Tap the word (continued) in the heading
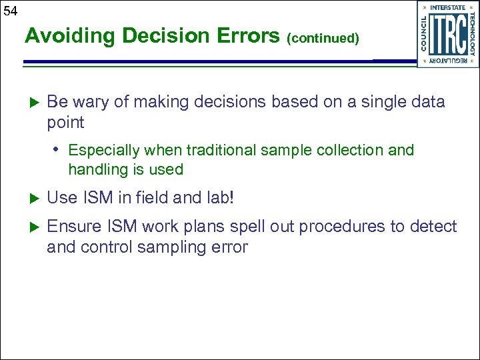pyautogui.click(x=323, y=39)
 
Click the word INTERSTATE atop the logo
pyautogui.click(x=448, y=7)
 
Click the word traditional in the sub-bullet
pyautogui.click(x=217, y=151)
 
